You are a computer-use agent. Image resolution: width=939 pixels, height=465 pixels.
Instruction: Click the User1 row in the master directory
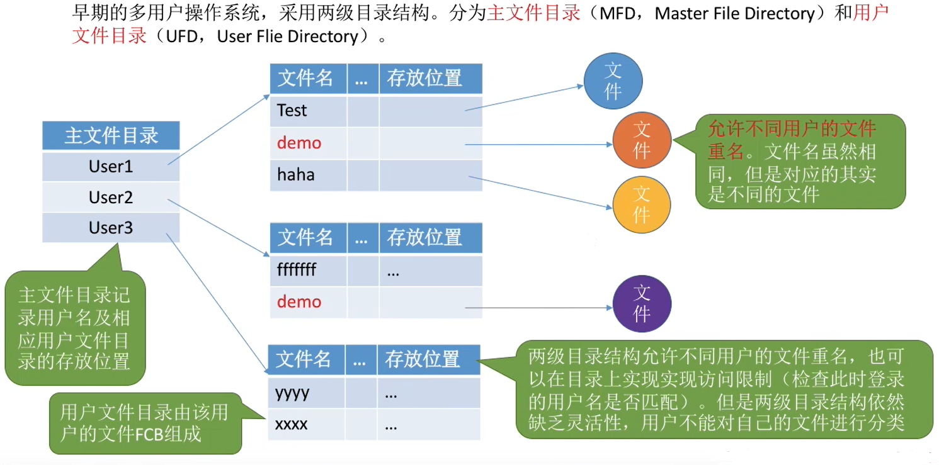pyautogui.click(x=111, y=167)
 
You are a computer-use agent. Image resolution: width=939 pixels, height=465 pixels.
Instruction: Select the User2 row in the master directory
pyautogui.click(x=111, y=198)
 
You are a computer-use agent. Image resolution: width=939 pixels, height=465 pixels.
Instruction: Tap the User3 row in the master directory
pyautogui.click(x=111, y=228)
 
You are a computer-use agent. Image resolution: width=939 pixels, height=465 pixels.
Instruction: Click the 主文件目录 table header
pyautogui.click(x=111, y=136)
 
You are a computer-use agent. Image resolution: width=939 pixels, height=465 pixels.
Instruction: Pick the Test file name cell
pyautogui.click(x=308, y=111)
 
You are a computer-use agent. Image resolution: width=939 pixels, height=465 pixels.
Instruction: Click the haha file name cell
pyautogui.click(x=308, y=175)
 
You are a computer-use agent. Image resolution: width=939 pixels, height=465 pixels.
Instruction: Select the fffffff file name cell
pyautogui.click(x=308, y=271)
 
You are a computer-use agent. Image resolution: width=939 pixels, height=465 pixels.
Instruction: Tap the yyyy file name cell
pyautogui.click(x=306, y=393)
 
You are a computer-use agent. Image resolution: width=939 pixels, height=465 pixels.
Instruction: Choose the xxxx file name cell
pyautogui.click(x=306, y=425)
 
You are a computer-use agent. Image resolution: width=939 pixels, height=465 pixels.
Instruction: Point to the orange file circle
pyautogui.click(x=642, y=140)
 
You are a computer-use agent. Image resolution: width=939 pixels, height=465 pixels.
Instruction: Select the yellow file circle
pyautogui.click(x=642, y=204)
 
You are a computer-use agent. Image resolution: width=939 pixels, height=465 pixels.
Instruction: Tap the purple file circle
pyautogui.click(x=642, y=303)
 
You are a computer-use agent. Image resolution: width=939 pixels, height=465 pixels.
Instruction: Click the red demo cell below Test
pyautogui.click(x=308, y=143)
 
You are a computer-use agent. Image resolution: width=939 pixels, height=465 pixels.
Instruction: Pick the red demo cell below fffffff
pyautogui.click(x=308, y=302)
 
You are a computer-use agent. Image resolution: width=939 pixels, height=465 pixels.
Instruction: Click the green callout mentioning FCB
pyautogui.click(x=145, y=423)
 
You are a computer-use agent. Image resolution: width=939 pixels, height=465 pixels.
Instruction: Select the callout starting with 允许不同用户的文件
pyautogui.click(x=800, y=161)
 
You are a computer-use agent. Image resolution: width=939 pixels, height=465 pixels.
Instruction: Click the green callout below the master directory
pyautogui.click(x=74, y=327)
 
